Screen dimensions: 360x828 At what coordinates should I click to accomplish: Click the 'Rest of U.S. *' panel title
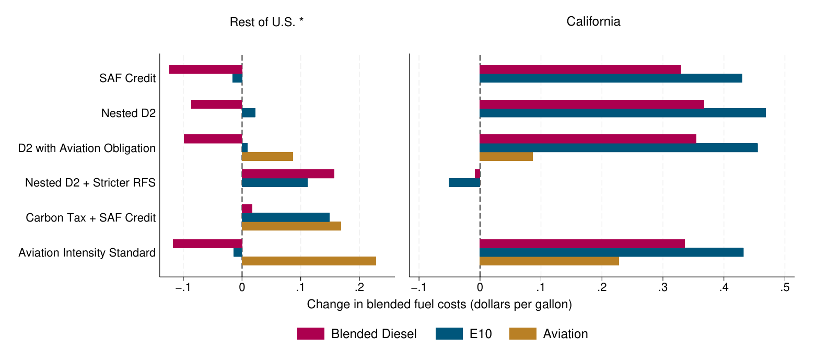tap(266, 22)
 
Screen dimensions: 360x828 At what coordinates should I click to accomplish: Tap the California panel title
tap(593, 21)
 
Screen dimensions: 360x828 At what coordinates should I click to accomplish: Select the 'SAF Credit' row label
tap(127, 78)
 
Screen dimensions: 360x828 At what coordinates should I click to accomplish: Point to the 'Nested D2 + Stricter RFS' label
tap(90, 183)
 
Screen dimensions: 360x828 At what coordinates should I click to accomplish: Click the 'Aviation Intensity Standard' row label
tap(87, 253)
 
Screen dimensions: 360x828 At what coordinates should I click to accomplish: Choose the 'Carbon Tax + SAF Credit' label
tap(91, 218)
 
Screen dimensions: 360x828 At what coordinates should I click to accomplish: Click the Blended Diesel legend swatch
tap(310, 334)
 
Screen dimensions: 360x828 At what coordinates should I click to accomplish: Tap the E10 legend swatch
tap(449, 334)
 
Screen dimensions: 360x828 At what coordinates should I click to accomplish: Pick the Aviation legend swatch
tap(522, 334)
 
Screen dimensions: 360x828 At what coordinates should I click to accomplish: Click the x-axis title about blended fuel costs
tap(439, 305)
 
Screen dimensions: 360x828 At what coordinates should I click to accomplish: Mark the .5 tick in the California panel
tap(785, 287)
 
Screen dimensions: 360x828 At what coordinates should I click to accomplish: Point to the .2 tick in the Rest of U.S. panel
tap(359, 287)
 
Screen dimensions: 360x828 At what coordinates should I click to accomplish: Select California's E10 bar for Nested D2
tap(622, 113)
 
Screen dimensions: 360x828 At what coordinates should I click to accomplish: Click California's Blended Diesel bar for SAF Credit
tap(580, 69)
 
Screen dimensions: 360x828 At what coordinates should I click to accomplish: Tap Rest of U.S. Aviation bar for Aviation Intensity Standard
tap(309, 261)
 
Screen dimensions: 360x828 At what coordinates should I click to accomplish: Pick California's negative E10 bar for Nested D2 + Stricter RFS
tap(464, 183)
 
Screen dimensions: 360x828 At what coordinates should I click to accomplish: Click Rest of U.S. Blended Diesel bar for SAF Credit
tap(206, 69)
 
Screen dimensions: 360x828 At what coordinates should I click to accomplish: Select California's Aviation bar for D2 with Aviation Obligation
tap(506, 157)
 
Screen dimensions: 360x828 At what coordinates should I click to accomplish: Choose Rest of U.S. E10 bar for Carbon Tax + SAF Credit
tap(286, 217)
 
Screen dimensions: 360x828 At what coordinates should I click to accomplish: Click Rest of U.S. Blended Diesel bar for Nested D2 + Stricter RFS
tap(288, 174)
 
